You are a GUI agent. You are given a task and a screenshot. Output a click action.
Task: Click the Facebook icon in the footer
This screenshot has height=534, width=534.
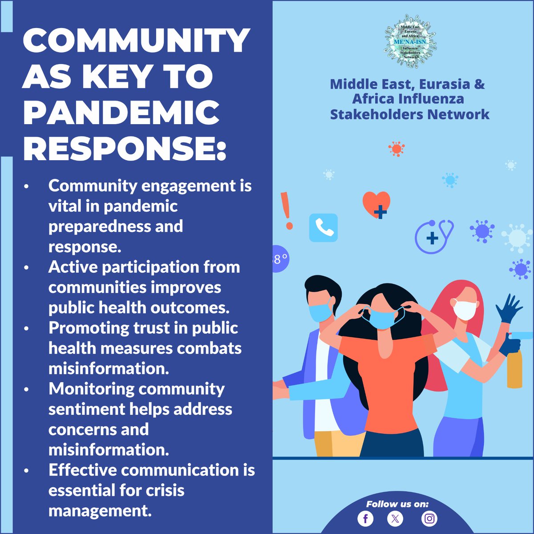[x=365, y=518]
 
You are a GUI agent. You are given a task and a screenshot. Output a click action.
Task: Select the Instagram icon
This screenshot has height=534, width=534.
[x=429, y=518]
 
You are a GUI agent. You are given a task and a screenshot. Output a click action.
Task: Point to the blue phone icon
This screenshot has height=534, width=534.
[x=324, y=228]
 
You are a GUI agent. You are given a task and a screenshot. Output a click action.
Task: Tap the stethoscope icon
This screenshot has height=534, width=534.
[x=434, y=236]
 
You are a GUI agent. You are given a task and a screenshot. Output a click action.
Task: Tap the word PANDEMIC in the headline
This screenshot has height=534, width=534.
[x=121, y=113]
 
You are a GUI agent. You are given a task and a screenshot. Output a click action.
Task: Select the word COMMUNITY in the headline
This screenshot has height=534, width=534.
[x=136, y=41]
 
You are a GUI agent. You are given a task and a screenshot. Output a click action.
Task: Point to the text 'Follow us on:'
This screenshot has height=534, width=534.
[x=397, y=504]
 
